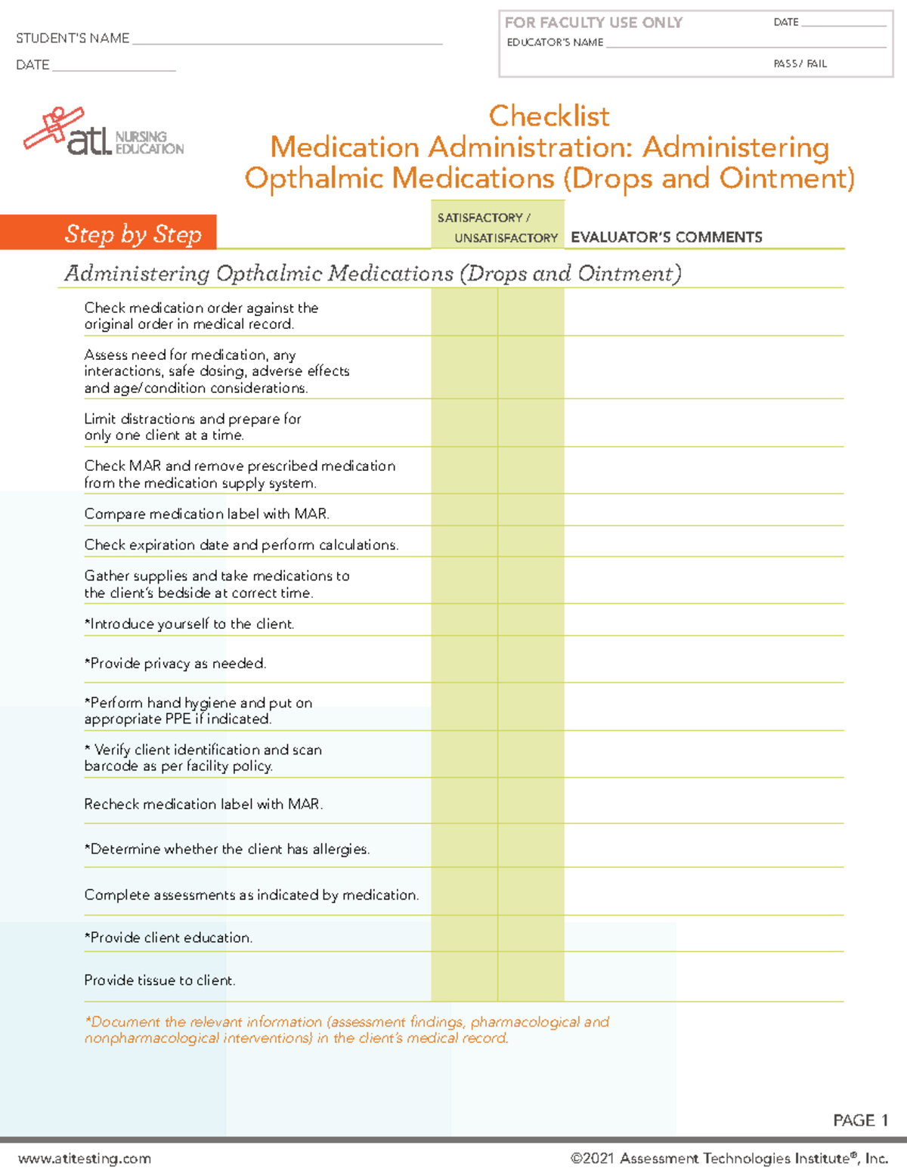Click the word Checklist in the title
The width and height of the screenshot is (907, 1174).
click(549, 116)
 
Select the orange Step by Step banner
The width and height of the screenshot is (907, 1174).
click(109, 233)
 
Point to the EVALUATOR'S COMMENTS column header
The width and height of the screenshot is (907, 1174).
click(666, 237)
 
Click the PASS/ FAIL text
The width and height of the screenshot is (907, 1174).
click(800, 64)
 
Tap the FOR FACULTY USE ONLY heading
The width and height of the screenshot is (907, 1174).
click(593, 23)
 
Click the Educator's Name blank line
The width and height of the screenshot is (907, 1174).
click(744, 43)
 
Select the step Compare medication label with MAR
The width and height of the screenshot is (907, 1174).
click(206, 514)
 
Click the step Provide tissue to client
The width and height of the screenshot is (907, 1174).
click(159, 980)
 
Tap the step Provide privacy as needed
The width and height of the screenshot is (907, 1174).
click(175, 664)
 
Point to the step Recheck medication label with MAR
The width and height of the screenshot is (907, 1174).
click(203, 804)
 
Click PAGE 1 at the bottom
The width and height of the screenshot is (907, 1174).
click(860, 1120)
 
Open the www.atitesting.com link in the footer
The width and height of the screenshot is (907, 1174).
click(85, 1159)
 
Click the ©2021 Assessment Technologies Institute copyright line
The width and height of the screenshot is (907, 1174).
click(729, 1159)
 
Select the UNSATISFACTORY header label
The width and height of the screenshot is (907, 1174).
click(506, 238)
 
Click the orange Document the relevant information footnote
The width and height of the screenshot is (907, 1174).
click(347, 1030)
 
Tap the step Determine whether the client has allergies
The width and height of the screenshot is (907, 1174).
click(227, 850)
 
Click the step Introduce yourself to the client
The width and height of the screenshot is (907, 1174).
click(189, 624)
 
